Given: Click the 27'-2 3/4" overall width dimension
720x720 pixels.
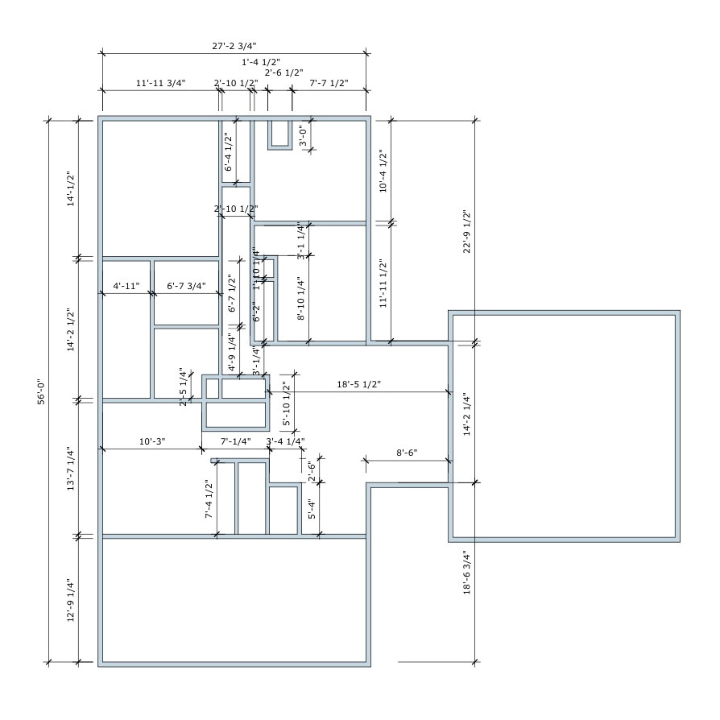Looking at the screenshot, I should [x=234, y=47].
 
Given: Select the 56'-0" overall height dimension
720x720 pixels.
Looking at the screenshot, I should [x=41, y=392].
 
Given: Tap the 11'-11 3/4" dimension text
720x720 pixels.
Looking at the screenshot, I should [x=160, y=83].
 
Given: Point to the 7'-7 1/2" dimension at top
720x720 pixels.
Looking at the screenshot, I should [x=329, y=83].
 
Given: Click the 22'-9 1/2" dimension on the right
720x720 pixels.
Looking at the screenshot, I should [x=466, y=232].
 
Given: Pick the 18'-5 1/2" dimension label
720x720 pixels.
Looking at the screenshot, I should [x=358, y=386].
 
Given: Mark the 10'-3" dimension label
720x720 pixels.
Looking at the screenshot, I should [x=151, y=441].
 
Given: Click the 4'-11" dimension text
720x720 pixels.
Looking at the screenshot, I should [x=126, y=286].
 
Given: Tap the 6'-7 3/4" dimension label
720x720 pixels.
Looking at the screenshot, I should [x=186, y=286].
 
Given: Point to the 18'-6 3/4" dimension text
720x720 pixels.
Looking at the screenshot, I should [x=466, y=573].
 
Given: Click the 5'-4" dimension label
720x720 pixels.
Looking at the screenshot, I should [x=312, y=509].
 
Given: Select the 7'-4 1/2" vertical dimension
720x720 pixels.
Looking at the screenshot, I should [x=209, y=499].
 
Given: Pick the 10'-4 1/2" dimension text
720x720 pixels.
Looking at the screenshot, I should [x=383, y=172].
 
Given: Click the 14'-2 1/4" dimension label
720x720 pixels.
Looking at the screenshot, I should [x=466, y=414].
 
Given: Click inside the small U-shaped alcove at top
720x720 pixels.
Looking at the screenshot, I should [x=280, y=133].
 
